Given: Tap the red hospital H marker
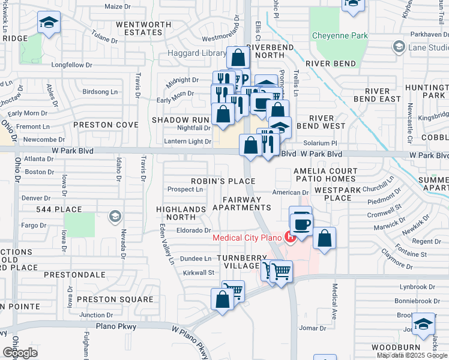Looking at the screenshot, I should [x=291, y=237].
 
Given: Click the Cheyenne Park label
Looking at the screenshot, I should [x=340, y=36].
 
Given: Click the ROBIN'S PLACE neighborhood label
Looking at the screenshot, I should [x=223, y=181].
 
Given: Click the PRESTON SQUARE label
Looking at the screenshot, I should [x=115, y=299].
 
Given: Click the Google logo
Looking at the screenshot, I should [x=20, y=353].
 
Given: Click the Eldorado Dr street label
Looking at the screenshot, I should [x=193, y=230].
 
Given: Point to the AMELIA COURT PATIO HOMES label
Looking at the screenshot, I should [x=325, y=175].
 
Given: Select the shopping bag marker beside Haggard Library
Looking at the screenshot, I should [x=238, y=59].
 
